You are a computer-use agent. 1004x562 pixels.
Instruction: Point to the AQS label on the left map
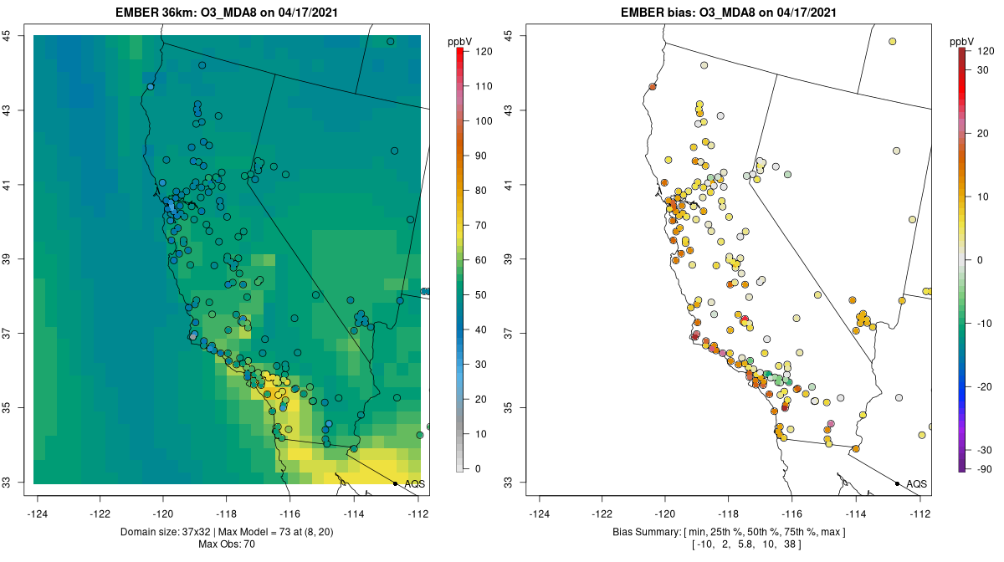414,483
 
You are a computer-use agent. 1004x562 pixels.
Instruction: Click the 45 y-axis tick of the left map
7,35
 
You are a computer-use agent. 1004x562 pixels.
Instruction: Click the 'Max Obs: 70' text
227,544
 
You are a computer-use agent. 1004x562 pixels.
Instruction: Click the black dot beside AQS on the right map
897,483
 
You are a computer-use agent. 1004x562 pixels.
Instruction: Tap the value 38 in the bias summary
786,544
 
